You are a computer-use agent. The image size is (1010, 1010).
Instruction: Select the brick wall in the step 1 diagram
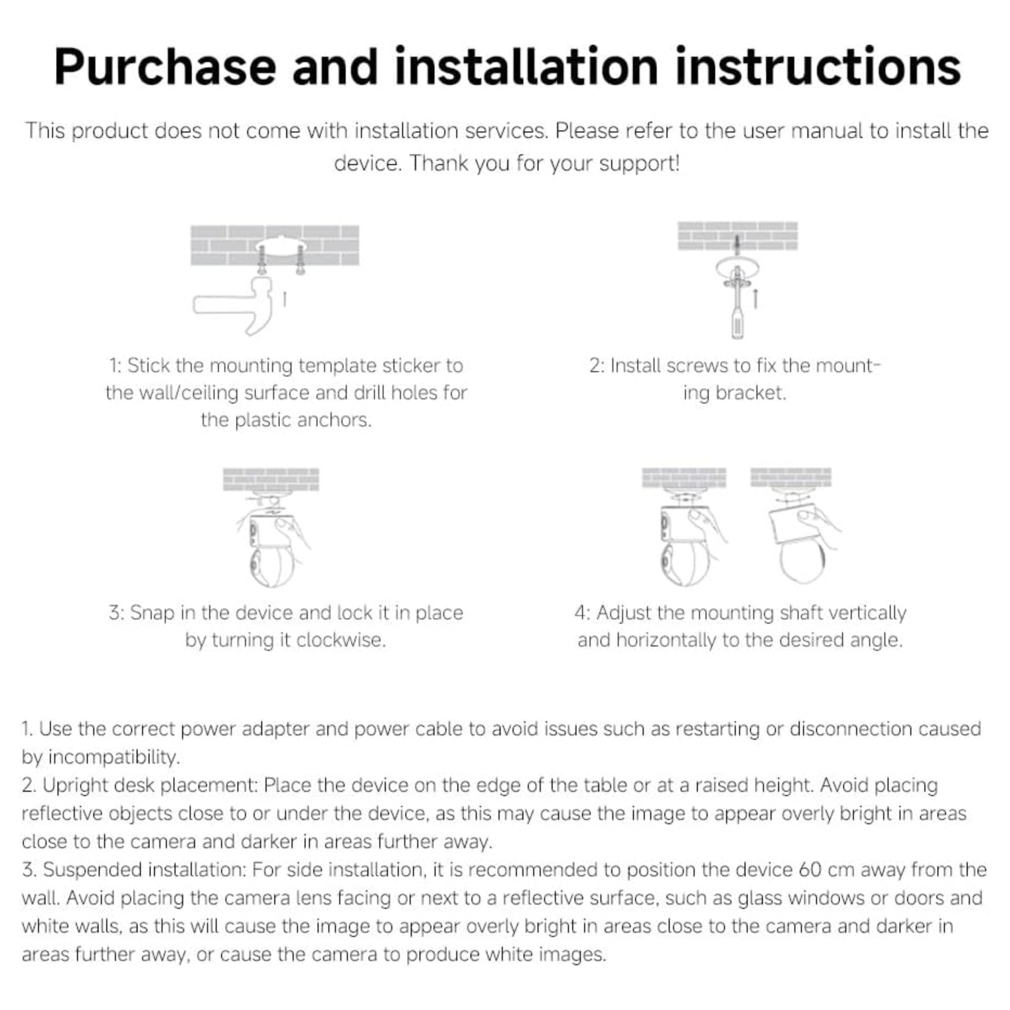pos(275,245)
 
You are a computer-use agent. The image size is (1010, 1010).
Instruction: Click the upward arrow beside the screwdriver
pos(756,298)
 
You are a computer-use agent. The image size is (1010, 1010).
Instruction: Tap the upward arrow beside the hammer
pos(285,299)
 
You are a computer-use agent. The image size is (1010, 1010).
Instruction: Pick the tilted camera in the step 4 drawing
pos(800,539)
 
